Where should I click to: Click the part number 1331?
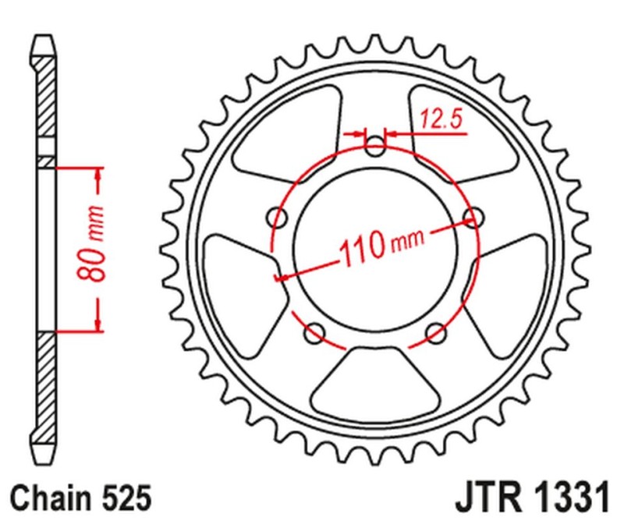[566, 496]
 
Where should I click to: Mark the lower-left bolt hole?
[315, 333]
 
